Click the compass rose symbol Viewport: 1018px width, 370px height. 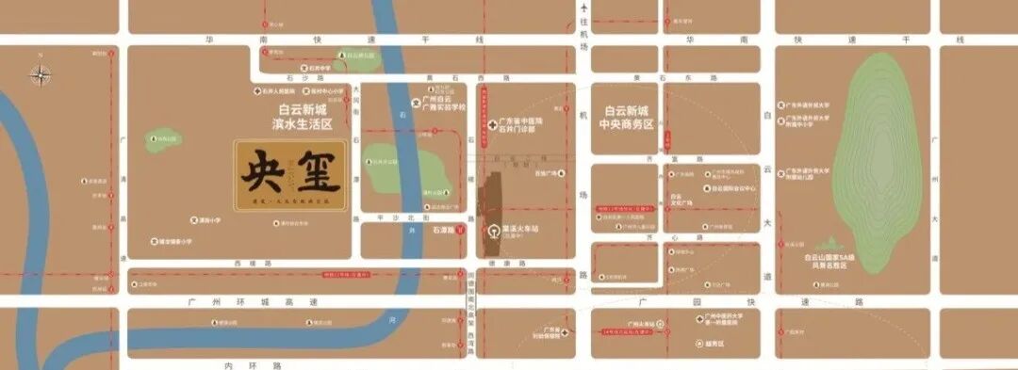point(41,74)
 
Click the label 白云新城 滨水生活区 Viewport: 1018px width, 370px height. point(297,118)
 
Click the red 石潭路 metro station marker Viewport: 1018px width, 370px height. point(459,230)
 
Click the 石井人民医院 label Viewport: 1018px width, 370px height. point(281,91)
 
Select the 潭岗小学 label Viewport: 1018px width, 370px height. point(208,220)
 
